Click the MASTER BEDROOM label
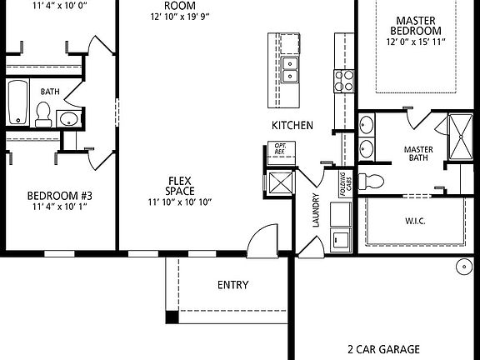(x=417, y=25)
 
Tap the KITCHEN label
(x=292, y=125)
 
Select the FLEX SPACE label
(x=181, y=185)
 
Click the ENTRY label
(x=232, y=285)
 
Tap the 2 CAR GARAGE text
(x=382, y=349)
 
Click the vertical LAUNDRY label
(x=316, y=212)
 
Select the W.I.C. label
(x=414, y=222)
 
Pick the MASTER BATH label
(x=417, y=154)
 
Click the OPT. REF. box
(x=280, y=150)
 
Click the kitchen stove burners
(x=344, y=80)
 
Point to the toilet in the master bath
(x=376, y=179)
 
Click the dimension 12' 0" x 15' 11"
(x=417, y=42)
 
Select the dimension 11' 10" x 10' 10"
(x=181, y=202)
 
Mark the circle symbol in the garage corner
(x=461, y=267)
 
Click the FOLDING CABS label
(x=342, y=181)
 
